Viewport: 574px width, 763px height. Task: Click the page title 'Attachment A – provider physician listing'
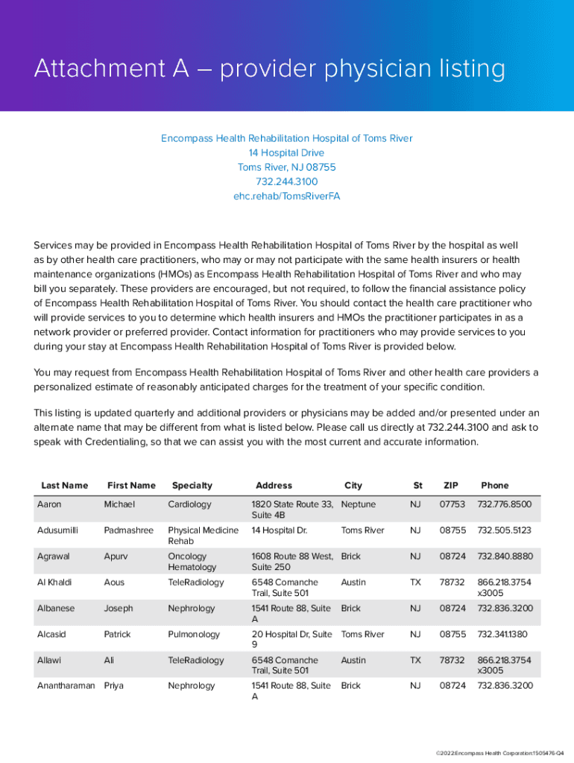point(269,70)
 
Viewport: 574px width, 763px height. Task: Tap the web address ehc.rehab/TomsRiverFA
point(287,197)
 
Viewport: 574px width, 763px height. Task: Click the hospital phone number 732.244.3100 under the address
point(287,182)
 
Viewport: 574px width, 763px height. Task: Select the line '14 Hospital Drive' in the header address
point(287,153)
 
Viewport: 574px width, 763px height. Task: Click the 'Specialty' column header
point(192,486)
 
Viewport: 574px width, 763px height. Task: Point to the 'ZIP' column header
point(451,486)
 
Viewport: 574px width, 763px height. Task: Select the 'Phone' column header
point(495,486)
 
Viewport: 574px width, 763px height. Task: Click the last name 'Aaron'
point(49,504)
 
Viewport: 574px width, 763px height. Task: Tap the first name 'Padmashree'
point(128,531)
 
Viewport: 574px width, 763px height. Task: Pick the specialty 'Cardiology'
point(189,504)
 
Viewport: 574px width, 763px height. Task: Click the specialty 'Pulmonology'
point(194,635)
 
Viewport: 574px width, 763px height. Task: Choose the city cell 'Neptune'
point(358,504)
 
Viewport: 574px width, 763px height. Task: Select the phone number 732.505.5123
point(505,531)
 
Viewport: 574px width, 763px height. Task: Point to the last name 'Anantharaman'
point(66,686)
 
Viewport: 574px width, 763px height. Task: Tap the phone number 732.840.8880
point(505,557)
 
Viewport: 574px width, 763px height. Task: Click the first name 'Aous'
point(116,583)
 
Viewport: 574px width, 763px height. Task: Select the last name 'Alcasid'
point(52,635)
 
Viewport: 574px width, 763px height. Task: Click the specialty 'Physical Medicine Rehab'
point(203,536)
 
